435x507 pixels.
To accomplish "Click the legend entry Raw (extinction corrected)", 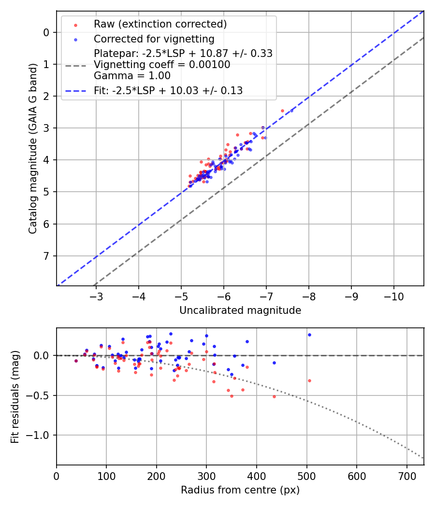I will point(160,24).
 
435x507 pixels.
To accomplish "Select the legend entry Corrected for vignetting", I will point(154,39).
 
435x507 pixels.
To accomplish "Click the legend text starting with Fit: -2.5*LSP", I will point(168,90).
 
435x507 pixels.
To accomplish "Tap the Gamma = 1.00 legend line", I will point(132,75).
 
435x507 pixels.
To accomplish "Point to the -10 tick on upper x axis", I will point(393,295).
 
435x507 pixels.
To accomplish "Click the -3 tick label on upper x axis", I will point(96,295).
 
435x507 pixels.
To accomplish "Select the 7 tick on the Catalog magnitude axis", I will point(46,256).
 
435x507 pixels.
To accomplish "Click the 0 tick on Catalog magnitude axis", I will point(46,32).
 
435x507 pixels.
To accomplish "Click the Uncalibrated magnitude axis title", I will point(240,310).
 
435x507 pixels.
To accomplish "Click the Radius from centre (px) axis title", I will point(240,490).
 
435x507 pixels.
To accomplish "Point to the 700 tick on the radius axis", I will point(406,475).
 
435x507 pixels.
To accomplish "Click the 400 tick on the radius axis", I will point(257,475).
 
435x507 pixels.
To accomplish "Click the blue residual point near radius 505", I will point(309,335).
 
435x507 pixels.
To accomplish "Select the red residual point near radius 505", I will point(309,380).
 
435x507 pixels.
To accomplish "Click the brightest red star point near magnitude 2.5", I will point(282,111).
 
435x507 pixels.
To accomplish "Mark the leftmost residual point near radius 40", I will point(76,361).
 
